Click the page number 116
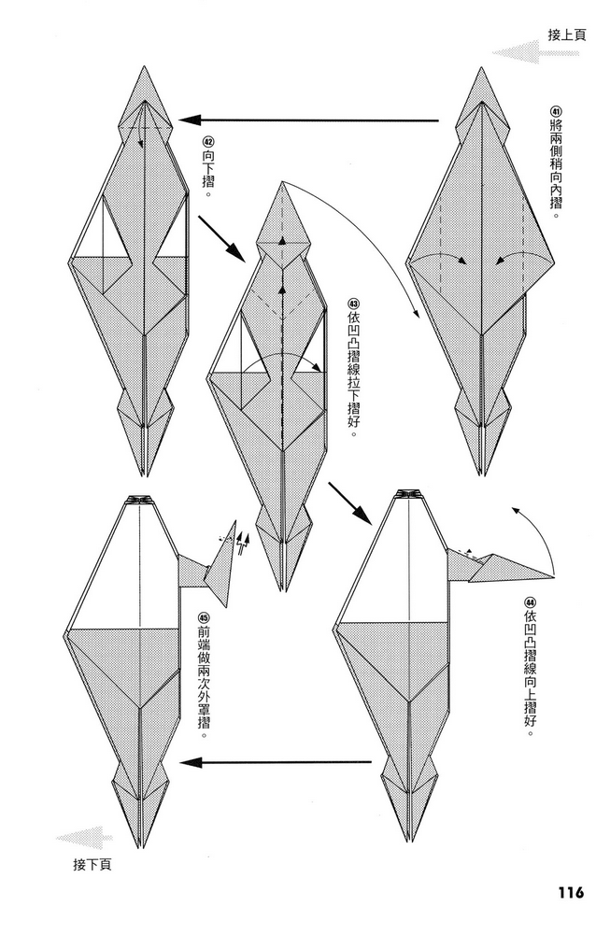(x=571, y=892)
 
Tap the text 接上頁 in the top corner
(x=567, y=35)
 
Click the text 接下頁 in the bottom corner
(x=92, y=864)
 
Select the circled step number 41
(x=555, y=112)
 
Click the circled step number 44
(x=531, y=601)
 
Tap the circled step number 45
(x=204, y=618)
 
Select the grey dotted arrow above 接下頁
(x=84, y=838)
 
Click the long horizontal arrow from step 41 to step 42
(x=308, y=120)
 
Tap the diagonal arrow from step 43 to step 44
(x=350, y=504)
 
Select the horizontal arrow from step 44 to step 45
(x=276, y=762)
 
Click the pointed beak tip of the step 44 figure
(x=554, y=577)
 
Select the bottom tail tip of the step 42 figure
(x=145, y=475)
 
